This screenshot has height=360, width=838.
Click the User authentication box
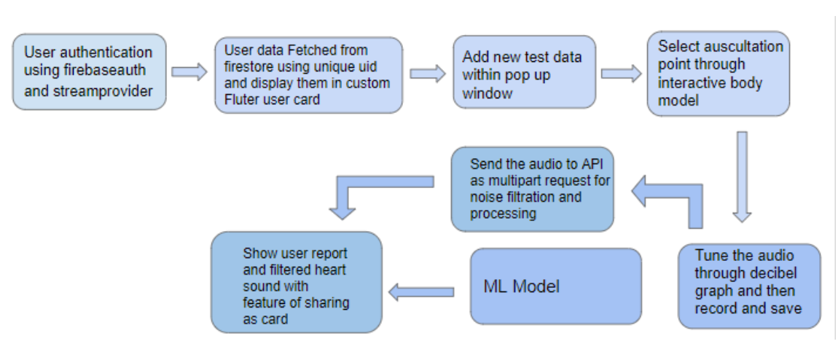(x=89, y=71)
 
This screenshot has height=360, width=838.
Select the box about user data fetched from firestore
(x=308, y=75)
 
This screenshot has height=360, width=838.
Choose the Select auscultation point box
(x=718, y=73)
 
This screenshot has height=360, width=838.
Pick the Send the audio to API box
(x=532, y=189)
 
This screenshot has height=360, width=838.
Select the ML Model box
(x=555, y=286)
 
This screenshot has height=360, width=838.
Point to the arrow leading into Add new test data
(x=428, y=73)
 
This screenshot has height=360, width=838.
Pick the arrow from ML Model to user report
(x=422, y=292)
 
